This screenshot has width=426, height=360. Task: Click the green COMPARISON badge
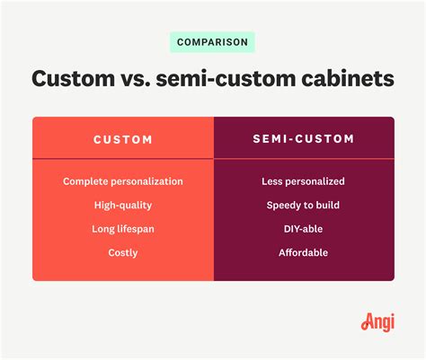pyautogui.click(x=212, y=42)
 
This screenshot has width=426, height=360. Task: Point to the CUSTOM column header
pyautogui.click(x=123, y=140)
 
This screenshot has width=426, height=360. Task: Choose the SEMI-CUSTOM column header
pyautogui.click(x=303, y=140)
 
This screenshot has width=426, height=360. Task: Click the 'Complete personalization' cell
pyautogui.click(x=123, y=181)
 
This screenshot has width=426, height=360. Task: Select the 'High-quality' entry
pyautogui.click(x=123, y=206)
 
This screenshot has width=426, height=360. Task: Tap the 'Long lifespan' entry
pyautogui.click(x=123, y=229)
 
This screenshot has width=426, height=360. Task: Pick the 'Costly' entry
pyautogui.click(x=123, y=253)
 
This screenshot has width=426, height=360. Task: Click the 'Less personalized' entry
pyautogui.click(x=303, y=181)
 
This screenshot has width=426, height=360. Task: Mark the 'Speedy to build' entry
pyautogui.click(x=303, y=206)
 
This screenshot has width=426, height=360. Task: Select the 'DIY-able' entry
pyautogui.click(x=303, y=229)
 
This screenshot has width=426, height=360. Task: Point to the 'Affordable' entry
pyautogui.click(x=303, y=253)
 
